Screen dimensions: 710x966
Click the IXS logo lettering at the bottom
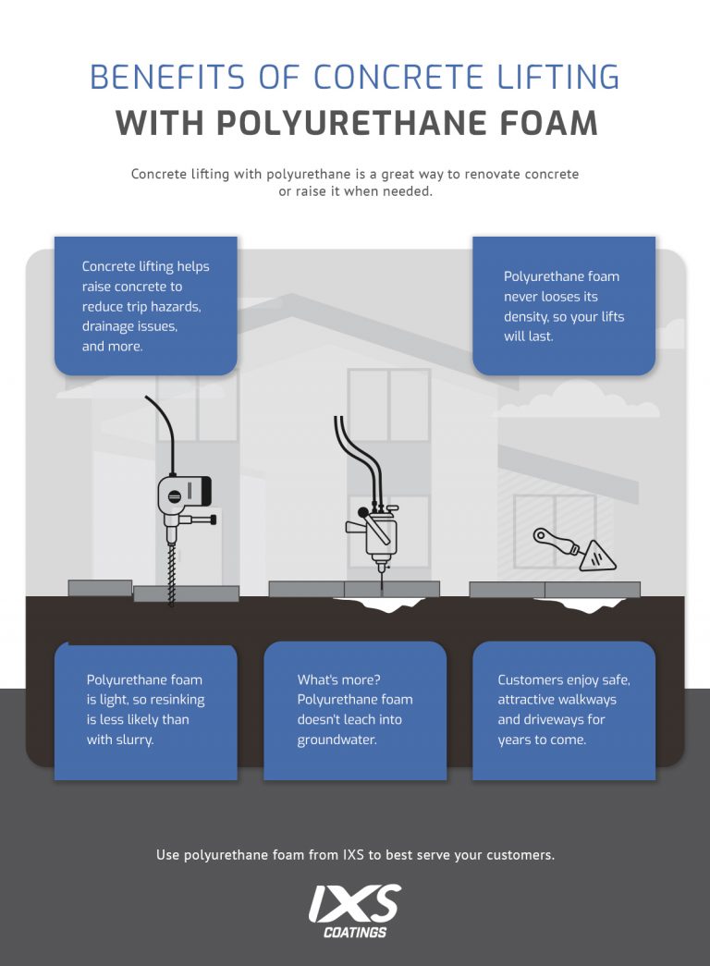[355, 902]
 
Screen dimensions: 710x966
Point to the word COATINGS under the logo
[355, 932]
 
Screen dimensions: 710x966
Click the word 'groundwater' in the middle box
[337, 740]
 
